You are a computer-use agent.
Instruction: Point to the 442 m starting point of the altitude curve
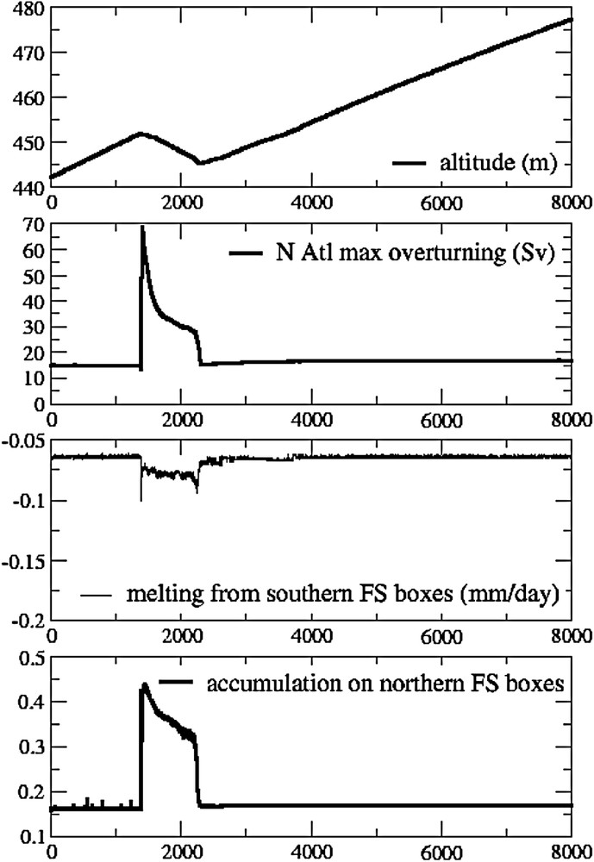[51, 178]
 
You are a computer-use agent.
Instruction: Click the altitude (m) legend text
[497, 162]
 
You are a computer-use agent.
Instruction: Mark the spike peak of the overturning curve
[142, 228]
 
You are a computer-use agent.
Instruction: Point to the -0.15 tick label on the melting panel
[23, 561]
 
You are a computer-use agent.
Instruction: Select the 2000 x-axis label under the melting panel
[181, 637]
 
